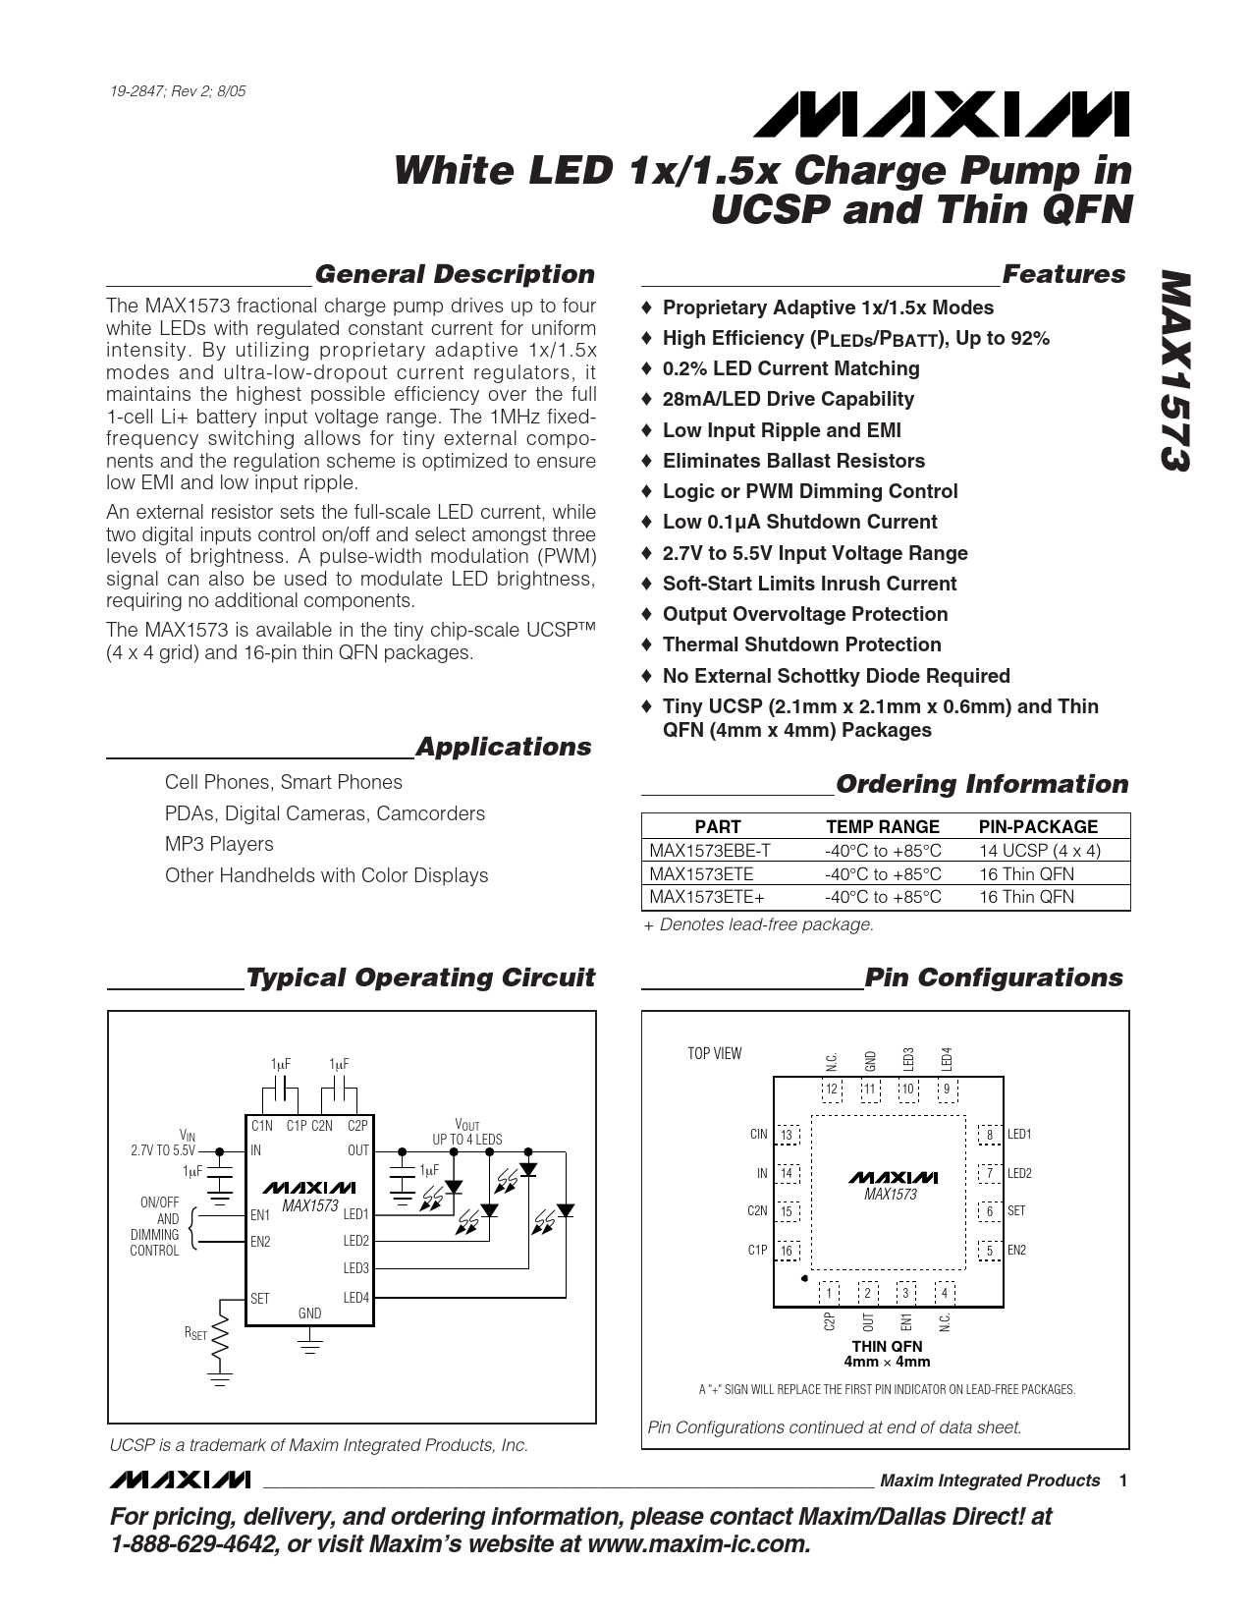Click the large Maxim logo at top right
pos(941,115)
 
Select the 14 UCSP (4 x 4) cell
pos(1039,851)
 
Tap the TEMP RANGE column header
pos(882,826)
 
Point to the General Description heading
pos(454,274)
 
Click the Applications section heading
pos(503,747)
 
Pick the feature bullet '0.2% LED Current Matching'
pos(790,368)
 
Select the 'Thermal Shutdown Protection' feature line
pos(801,644)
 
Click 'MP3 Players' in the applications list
pos(219,844)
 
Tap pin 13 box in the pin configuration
pos(787,1135)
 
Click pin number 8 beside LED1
pos(990,1135)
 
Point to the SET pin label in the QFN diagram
pos(1016,1211)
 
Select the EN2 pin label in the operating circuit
pos(260,1242)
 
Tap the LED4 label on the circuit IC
pos(355,1298)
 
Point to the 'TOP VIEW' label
pos(714,1054)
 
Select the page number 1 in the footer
pos(1122,1481)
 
